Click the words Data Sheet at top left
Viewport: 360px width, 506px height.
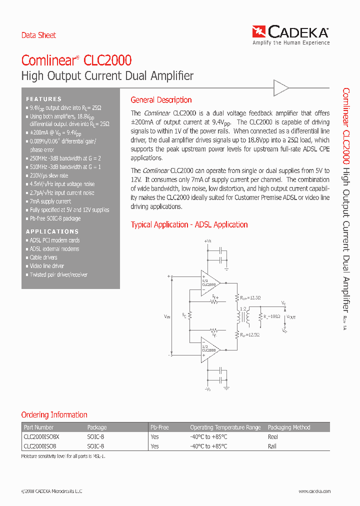[x=38, y=35]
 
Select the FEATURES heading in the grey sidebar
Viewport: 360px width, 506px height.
[x=44, y=99]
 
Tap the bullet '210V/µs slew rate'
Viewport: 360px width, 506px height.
[x=48, y=176]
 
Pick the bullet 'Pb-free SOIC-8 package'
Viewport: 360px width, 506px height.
[x=54, y=218]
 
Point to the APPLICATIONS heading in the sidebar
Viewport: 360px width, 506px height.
[x=52, y=231]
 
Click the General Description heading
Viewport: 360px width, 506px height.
[x=161, y=100]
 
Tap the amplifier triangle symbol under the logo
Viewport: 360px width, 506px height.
[x=280, y=88]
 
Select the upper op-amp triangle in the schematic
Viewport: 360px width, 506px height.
[x=209, y=283]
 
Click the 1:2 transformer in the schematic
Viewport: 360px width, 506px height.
[x=243, y=316]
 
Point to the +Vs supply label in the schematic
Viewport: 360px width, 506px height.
[x=208, y=241]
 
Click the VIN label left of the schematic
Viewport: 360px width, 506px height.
[x=166, y=316]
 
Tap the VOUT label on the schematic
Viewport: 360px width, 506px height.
[x=290, y=317]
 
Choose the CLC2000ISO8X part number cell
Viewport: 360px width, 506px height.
[x=41, y=436]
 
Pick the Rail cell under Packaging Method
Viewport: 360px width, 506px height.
[x=272, y=446]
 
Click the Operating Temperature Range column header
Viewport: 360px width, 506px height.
[x=225, y=427]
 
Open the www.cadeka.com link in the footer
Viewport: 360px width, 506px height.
[x=314, y=491]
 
